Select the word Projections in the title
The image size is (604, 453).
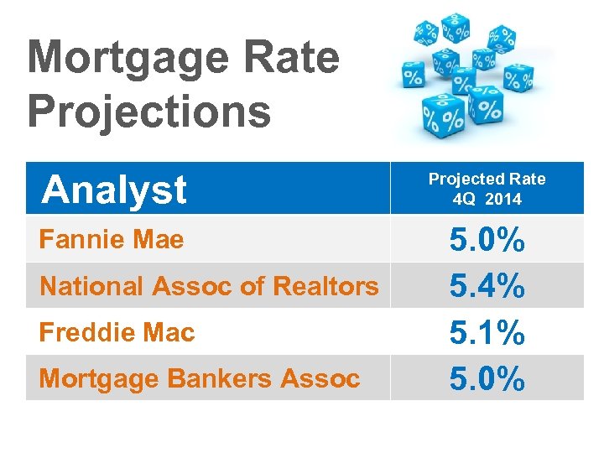click(x=149, y=111)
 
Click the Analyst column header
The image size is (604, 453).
click(x=114, y=190)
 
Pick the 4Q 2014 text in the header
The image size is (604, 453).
click(x=487, y=200)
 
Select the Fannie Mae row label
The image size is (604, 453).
click(x=112, y=240)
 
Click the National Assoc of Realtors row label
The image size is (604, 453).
click(x=209, y=286)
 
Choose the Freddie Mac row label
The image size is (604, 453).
click(x=117, y=332)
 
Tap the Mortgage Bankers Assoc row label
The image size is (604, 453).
click(x=200, y=378)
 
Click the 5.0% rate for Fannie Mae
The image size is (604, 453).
click(x=487, y=242)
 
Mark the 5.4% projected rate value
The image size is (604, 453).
click(x=487, y=288)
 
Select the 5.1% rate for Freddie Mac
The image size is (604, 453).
click(x=487, y=334)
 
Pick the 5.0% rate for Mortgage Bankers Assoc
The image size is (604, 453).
click(x=487, y=379)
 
